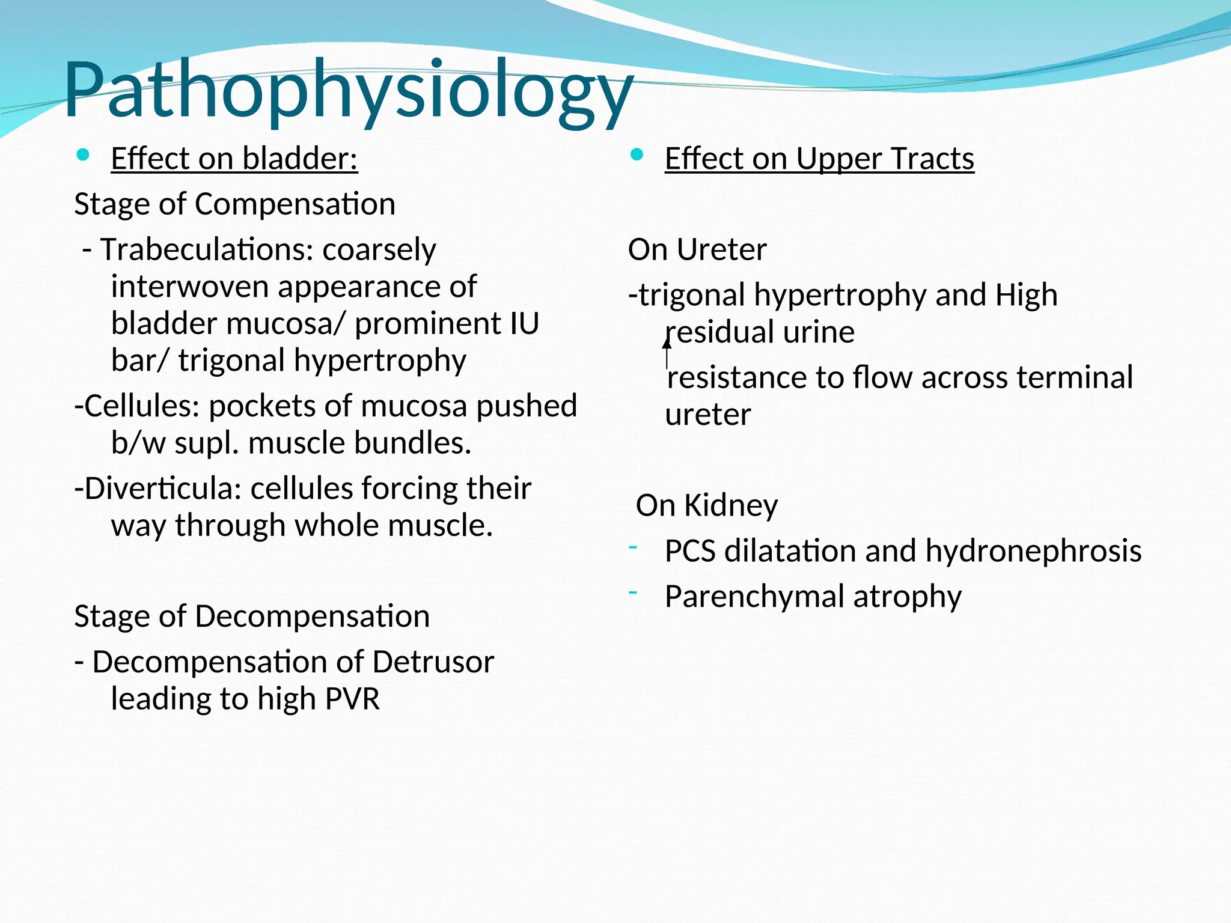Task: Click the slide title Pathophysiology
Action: [349, 90]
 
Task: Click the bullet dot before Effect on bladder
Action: [83, 156]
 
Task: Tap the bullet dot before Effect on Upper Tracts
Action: [637, 156]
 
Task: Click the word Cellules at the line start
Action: [142, 406]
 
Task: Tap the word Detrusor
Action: [433, 662]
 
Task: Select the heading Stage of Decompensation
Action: [252, 617]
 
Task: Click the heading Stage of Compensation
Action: [234, 204]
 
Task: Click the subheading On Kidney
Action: [707, 505]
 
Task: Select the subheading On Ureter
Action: [697, 249]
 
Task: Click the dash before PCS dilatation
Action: [633, 547]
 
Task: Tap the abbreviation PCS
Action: [690, 551]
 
